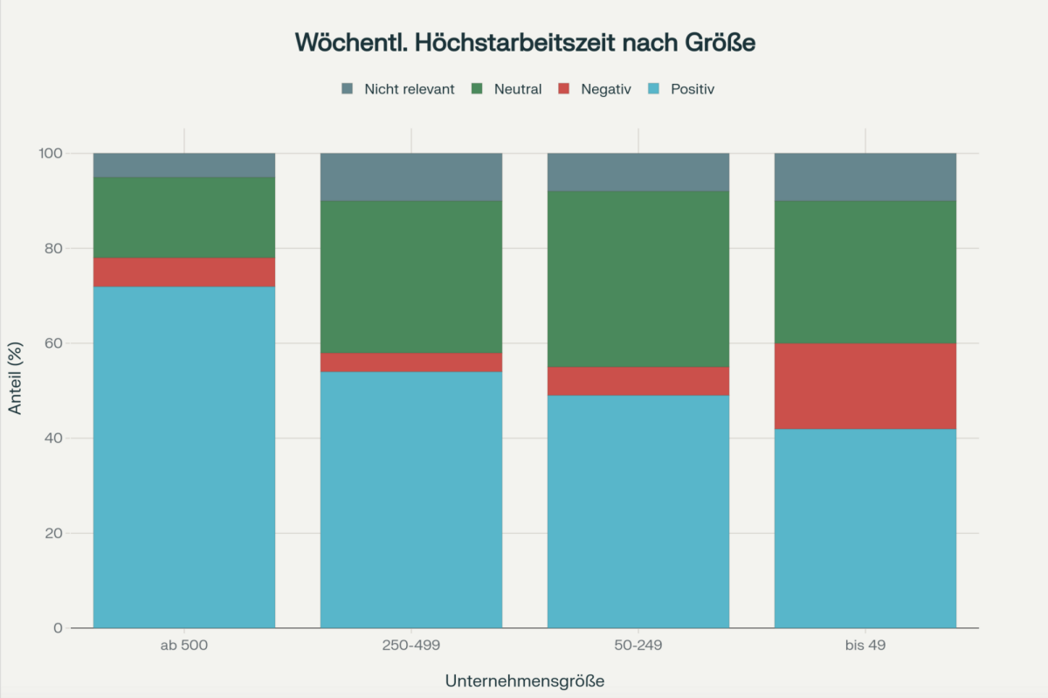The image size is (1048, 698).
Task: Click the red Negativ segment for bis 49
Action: pyautogui.click(x=865, y=386)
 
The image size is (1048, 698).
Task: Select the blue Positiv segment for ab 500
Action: pyautogui.click(x=184, y=457)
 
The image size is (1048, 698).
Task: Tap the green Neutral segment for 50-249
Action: pyautogui.click(x=638, y=279)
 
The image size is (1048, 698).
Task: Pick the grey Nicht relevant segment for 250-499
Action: pyautogui.click(x=411, y=176)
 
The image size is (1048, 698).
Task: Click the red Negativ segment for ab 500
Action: pyautogui.click(x=184, y=272)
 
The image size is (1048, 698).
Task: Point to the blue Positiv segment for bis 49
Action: pyautogui.click(x=865, y=528)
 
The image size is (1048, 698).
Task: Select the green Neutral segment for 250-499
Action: pyautogui.click(x=411, y=276)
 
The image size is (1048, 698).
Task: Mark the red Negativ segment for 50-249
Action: pyautogui.click(x=638, y=381)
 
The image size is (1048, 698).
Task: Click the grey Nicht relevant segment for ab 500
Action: pyautogui.click(x=184, y=165)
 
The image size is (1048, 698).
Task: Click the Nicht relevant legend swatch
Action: pyautogui.click(x=347, y=89)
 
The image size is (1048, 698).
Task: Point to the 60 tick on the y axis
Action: pyautogui.click(x=52, y=343)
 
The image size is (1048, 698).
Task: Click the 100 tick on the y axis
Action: pyautogui.click(x=50, y=154)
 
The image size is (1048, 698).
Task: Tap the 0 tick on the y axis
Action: pyautogui.click(x=58, y=628)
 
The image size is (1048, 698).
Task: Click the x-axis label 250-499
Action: pyautogui.click(x=411, y=646)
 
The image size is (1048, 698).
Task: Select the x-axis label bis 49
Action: pyautogui.click(x=865, y=646)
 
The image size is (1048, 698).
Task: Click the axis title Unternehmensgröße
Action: pyautogui.click(x=524, y=680)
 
